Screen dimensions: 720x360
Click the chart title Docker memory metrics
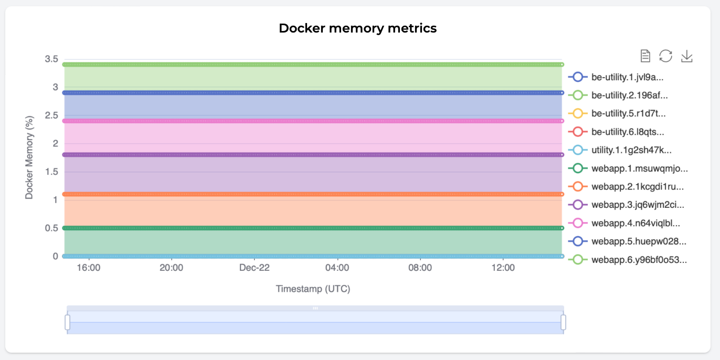[x=357, y=28]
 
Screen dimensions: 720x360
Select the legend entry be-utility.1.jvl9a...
[x=616, y=77]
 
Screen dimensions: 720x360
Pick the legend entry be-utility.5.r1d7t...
[x=617, y=113]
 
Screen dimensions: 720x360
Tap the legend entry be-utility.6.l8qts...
[x=616, y=132]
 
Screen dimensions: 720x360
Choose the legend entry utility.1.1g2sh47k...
[x=620, y=150]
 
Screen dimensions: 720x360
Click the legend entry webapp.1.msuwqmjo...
[x=628, y=168]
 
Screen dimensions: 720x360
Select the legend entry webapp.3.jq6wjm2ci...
[x=626, y=205]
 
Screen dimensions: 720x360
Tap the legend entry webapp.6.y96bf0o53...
[x=628, y=260]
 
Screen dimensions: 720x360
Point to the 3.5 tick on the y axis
[x=51, y=59]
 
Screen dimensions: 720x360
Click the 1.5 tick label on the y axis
[x=51, y=172]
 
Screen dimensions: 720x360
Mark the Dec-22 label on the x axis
[x=254, y=268]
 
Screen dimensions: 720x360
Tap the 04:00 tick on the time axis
[x=337, y=268]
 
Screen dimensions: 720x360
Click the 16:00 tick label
[x=89, y=268]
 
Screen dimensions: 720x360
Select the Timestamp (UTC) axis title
[x=313, y=289]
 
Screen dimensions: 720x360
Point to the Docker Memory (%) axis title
[x=29, y=157]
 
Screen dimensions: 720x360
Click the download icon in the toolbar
[x=687, y=56]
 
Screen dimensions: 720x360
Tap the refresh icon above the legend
[x=665, y=56]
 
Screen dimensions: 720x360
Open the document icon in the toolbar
[x=645, y=56]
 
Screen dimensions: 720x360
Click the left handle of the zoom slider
[x=68, y=322]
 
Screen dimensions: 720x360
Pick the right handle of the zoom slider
[x=564, y=322]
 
